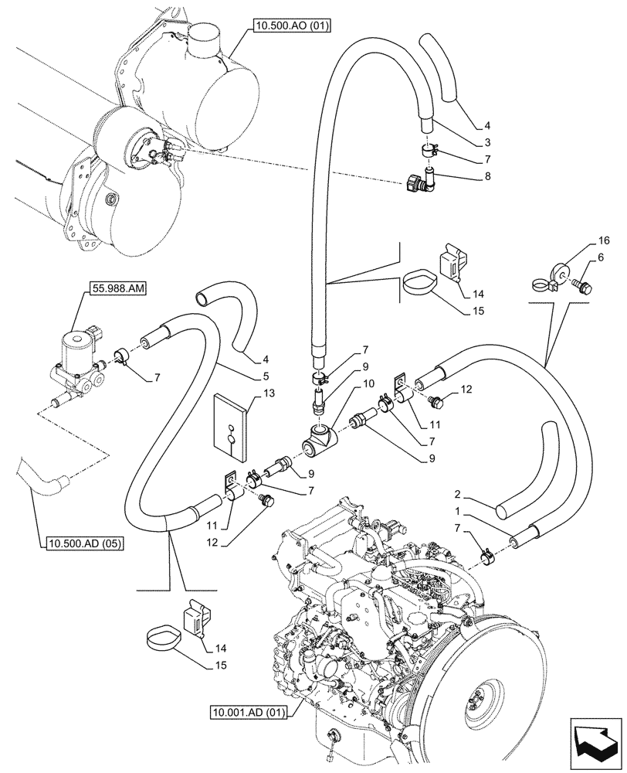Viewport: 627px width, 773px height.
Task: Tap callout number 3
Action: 487,142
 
